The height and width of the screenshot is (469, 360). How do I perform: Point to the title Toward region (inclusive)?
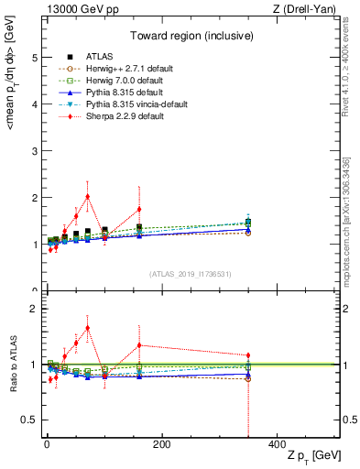point(189,37)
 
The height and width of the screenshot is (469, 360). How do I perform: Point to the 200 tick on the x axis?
point(161,445)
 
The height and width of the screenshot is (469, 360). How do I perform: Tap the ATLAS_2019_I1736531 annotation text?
point(190,274)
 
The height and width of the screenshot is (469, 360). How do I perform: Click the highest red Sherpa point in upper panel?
point(87,196)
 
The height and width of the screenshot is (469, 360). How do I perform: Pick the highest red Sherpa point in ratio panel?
point(87,328)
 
